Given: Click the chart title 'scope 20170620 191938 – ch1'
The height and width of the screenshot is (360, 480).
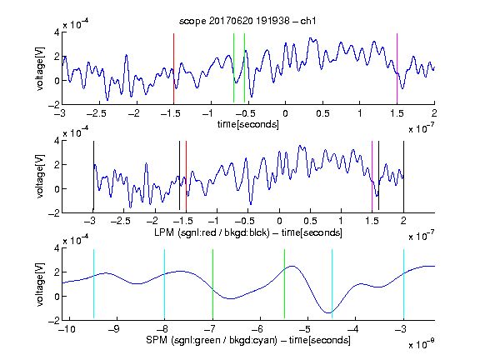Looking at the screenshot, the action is click(x=247, y=21).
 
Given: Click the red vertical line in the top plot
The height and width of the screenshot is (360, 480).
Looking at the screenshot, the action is click(x=173, y=68).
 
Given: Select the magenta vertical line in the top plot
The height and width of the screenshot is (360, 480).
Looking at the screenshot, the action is click(x=397, y=68).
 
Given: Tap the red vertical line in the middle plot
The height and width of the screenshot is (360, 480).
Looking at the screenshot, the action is click(x=186, y=176).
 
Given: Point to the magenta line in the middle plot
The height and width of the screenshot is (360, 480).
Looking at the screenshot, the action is click(x=372, y=176).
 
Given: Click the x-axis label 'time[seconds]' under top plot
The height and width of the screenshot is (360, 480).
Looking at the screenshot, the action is click(x=248, y=124).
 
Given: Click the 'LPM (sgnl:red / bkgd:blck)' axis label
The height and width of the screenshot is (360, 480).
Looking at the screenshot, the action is click(x=212, y=232).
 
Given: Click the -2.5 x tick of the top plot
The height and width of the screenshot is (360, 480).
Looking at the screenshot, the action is click(x=96, y=113).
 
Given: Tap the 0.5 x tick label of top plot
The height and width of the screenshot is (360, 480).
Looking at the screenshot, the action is click(x=322, y=113).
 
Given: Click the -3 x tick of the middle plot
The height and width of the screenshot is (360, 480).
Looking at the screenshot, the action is click(x=90, y=221).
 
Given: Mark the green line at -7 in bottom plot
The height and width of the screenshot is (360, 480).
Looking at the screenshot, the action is click(x=212, y=284).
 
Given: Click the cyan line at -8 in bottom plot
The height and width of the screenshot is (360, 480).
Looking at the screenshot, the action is click(x=164, y=284).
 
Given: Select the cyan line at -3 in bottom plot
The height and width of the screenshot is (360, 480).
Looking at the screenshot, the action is click(x=403, y=284).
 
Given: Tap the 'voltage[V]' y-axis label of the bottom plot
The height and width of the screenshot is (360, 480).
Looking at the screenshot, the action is click(x=40, y=285).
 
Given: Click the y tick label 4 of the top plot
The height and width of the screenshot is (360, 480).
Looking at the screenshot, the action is click(x=57, y=32).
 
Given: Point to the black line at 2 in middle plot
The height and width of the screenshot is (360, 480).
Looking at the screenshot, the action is click(x=403, y=176).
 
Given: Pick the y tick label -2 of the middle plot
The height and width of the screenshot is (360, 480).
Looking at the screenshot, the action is click(x=54, y=213).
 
